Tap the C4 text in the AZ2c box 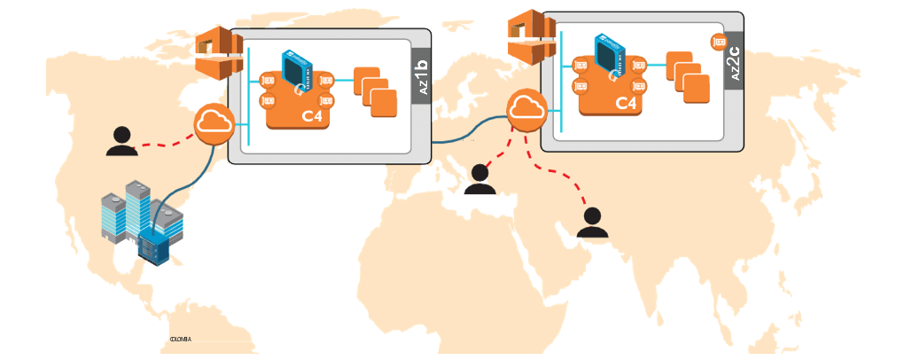pos(627,103)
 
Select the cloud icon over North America pos(213,123)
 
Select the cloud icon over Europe pos(527,110)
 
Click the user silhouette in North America pos(121,141)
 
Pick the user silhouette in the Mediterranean pos(479,179)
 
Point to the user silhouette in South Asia pos(592,223)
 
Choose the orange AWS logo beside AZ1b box pos(218,54)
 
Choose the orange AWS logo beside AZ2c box pos(531,37)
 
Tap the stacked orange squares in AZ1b pos(375,91)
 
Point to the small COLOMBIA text pos(180,339)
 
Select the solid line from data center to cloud pos(192,182)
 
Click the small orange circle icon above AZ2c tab pos(719,41)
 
